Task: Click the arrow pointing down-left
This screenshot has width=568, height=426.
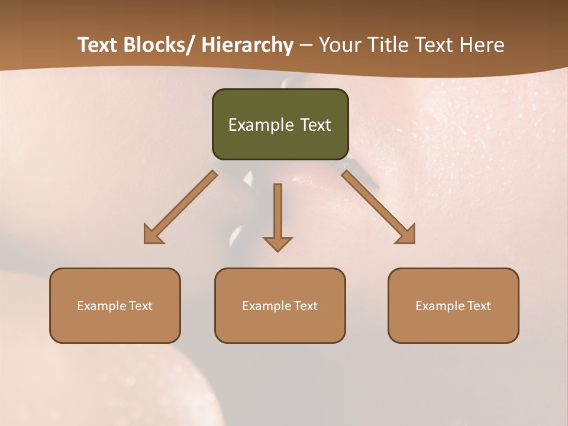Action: click(x=180, y=207)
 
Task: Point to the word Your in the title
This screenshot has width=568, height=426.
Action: click(x=338, y=45)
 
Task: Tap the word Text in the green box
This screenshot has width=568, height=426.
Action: click(x=315, y=125)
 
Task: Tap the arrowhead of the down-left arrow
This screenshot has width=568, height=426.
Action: click(x=153, y=234)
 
